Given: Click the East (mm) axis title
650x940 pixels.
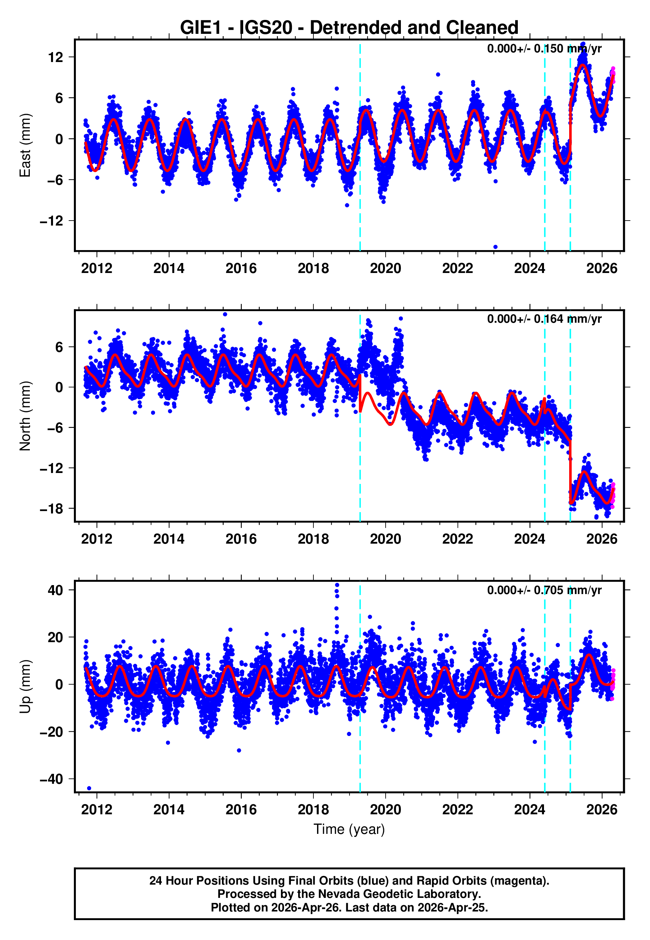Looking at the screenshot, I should [x=25, y=145].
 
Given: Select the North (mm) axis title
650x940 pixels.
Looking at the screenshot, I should [x=25, y=416].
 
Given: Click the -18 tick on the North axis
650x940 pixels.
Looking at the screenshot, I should [x=51, y=509].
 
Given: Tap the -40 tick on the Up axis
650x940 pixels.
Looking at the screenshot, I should [x=51, y=779].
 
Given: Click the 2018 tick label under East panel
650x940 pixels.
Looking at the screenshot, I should [x=313, y=268].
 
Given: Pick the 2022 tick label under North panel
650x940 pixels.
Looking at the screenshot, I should [x=458, y=539].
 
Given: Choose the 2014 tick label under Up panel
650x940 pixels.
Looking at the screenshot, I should [x=169, y=809].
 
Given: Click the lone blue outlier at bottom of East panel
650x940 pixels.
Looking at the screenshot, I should [x=495, y=247].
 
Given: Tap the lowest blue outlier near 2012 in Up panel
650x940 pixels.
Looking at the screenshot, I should [x=89, y=788].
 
